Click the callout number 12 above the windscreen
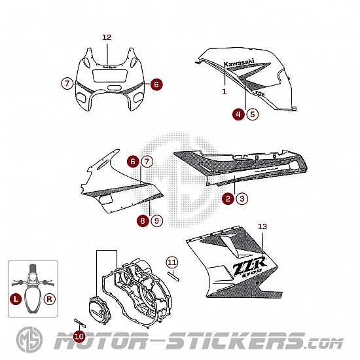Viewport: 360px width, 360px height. [107, 37]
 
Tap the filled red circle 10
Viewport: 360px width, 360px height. [79, 336]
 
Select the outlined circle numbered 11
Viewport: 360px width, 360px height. [172, 262]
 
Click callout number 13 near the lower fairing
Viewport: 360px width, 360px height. [262, 226]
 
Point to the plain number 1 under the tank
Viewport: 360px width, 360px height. [225, 92]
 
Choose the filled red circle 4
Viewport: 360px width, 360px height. [238, 114]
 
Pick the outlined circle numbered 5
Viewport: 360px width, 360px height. [253, 114]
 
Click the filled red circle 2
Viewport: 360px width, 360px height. [228, 198]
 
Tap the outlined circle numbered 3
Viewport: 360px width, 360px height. [242, 198]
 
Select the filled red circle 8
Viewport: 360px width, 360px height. [143, 221]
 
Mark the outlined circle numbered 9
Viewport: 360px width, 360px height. [156, 221]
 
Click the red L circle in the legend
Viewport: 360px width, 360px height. [16, 299]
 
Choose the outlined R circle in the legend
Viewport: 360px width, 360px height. [49, 299]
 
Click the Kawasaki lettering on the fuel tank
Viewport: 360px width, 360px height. [239, 62]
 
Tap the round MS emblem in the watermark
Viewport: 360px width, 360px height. [29, 340]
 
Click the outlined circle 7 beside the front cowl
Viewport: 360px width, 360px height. [67, 83]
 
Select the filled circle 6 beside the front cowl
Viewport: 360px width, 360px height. [156, 84]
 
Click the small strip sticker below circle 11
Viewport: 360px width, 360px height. [173, 276]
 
